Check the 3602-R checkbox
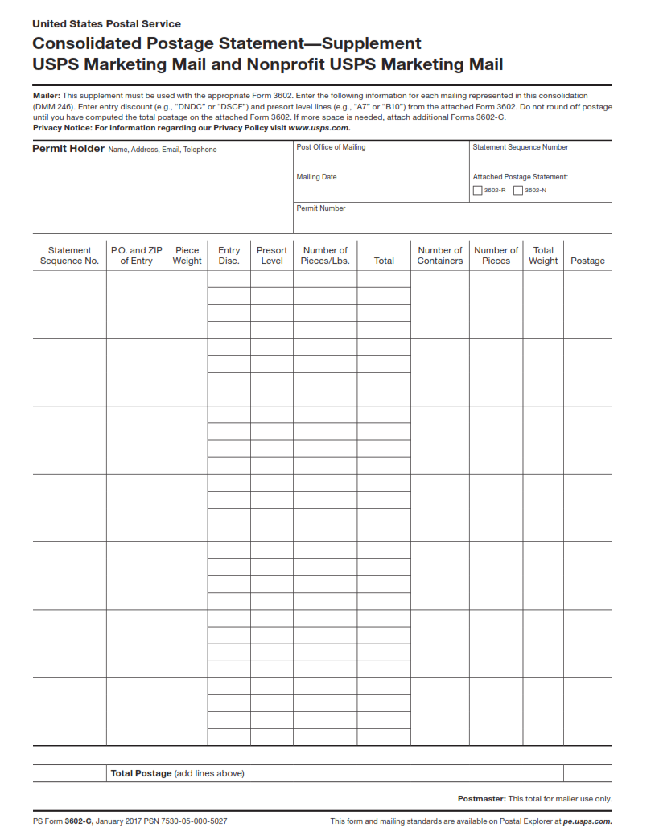click(x=478, y=191)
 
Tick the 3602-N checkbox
click(x=518, y=191)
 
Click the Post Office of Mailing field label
click(x=331, y=147)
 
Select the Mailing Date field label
click(x=316, y=177)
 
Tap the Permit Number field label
click(x=320, y=208)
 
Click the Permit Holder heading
click(x=68, y=149)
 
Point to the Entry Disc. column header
click(x=229, y=256)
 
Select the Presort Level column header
click(x=272, y=256)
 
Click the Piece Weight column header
click(x=187, y=256)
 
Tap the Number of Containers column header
click(x=440, y=256)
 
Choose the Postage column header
click(x=587, y=261)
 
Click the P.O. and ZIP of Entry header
click(x=136, y=256)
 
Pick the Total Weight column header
click(x=543, y=256)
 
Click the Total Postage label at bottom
click(x=141, y=773)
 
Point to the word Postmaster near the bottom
click(x=481, y=799)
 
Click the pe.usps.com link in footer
click(x=587, y=821)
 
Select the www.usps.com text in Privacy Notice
click(x=319, y=127)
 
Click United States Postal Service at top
click(x=106, y=24)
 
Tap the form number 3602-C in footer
click(x=79, y=821)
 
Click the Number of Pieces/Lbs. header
click(x=325, y=256)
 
